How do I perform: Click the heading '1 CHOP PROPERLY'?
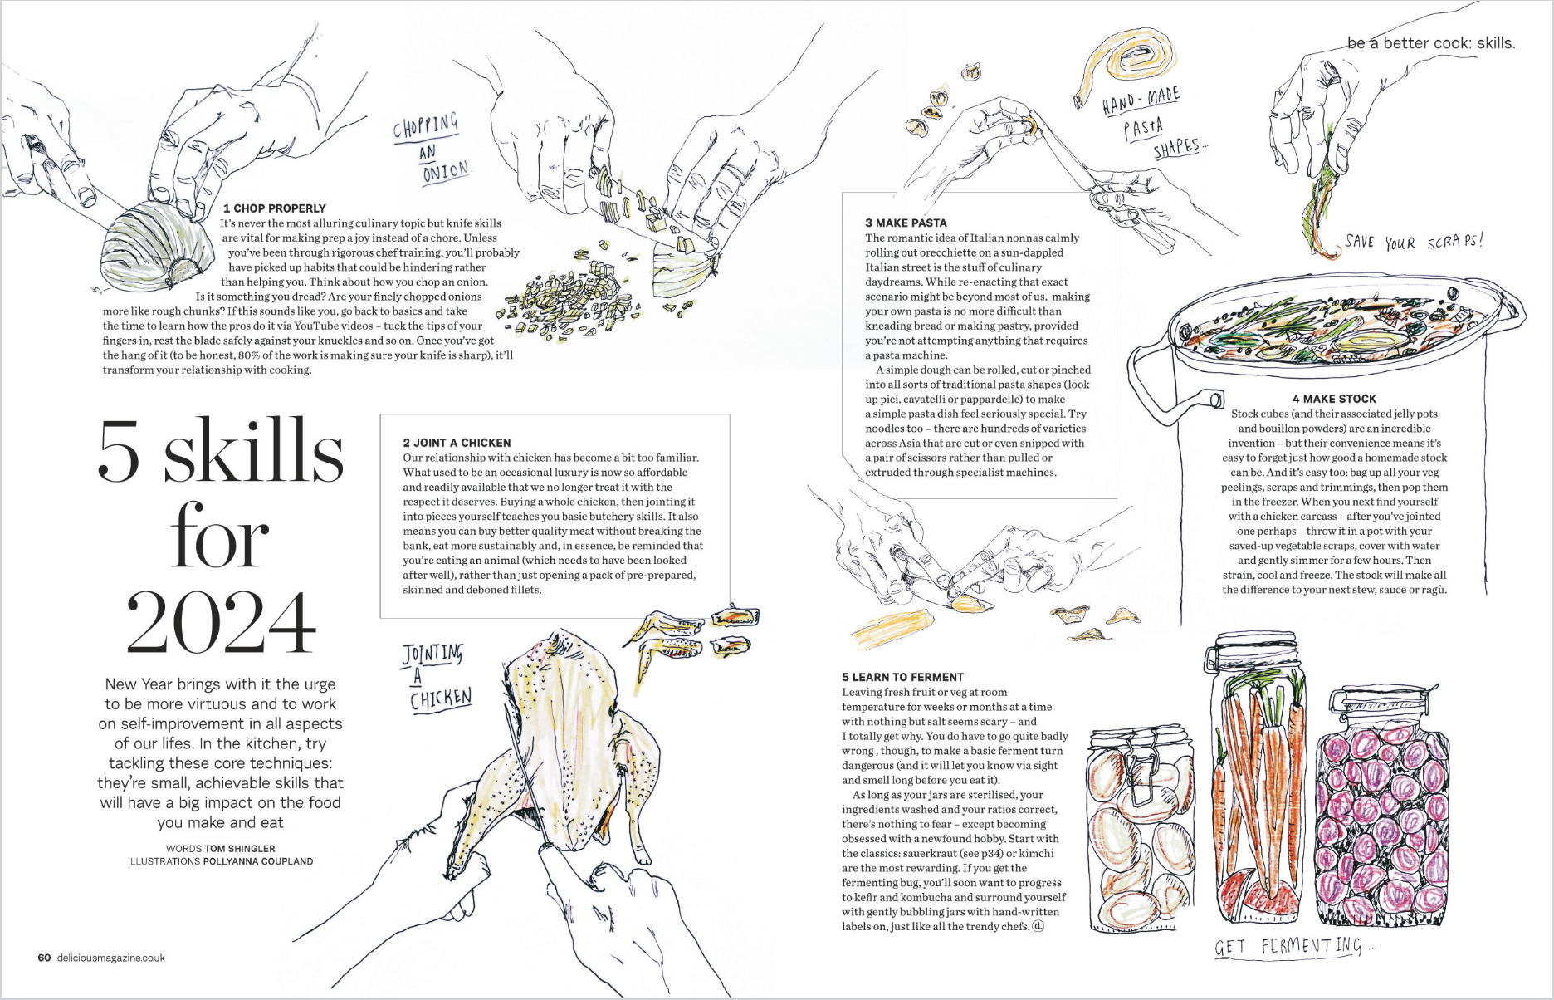[x=274, y=208]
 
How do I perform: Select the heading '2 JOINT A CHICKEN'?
[x=457, y=443]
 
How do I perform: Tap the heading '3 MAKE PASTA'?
[x=906, y=223]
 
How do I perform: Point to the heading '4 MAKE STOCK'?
[x=1334, y=399]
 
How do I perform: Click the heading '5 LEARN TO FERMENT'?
[x=902, y=677]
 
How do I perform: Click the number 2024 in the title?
[x=221, y=623]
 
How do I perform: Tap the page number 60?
[x=44, y=958]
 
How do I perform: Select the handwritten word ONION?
[x=445, y=172]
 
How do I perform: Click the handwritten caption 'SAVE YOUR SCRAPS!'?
[x=1413, y=242]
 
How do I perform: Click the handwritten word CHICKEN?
[x=440, y=699]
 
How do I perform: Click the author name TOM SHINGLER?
[x=239, y=849]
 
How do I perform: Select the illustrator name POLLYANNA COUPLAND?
[x=257, y=861]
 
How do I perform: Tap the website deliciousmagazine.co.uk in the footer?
[x=111, y=958]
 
